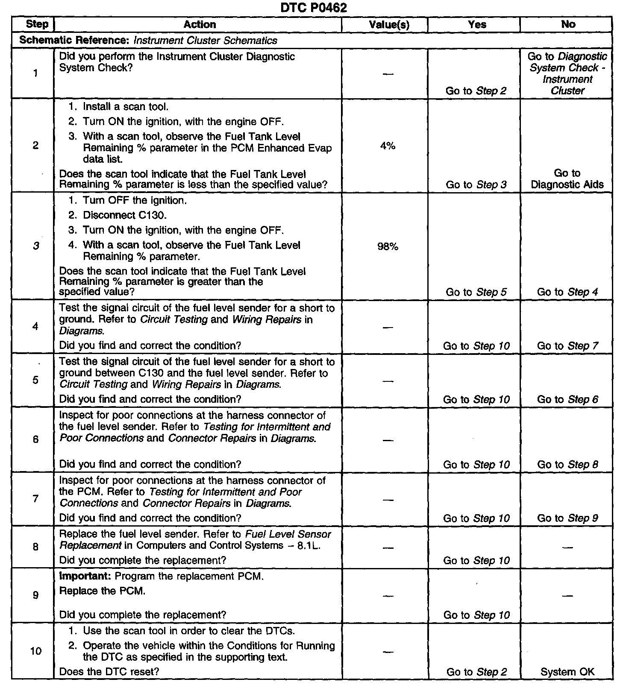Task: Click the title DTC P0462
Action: tap(314, 8)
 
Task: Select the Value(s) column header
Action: tap(389, 25)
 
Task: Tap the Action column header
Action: tap(200, 25)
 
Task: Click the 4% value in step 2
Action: tap(388, 146)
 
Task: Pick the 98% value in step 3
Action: tap(388, 246)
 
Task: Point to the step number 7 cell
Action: tap(35, 498)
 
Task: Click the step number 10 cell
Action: tap(36, 651)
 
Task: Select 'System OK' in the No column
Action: tap(567, 672)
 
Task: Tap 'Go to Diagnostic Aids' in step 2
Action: tap(567, 179)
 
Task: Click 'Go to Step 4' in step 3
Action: tap(567, 292)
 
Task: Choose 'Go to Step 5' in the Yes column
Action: tap(476, 292)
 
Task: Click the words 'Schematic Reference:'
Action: tap(75, 41)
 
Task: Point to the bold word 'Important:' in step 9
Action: tap(85, 576)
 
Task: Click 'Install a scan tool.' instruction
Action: tap(126, 107)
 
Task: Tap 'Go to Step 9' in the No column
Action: tap(567, 518)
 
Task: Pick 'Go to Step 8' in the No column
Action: tap(567, 464)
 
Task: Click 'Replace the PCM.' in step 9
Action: tap(102, 591)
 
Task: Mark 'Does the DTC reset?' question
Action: tap(109, 671)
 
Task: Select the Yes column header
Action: tap(477, 25)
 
